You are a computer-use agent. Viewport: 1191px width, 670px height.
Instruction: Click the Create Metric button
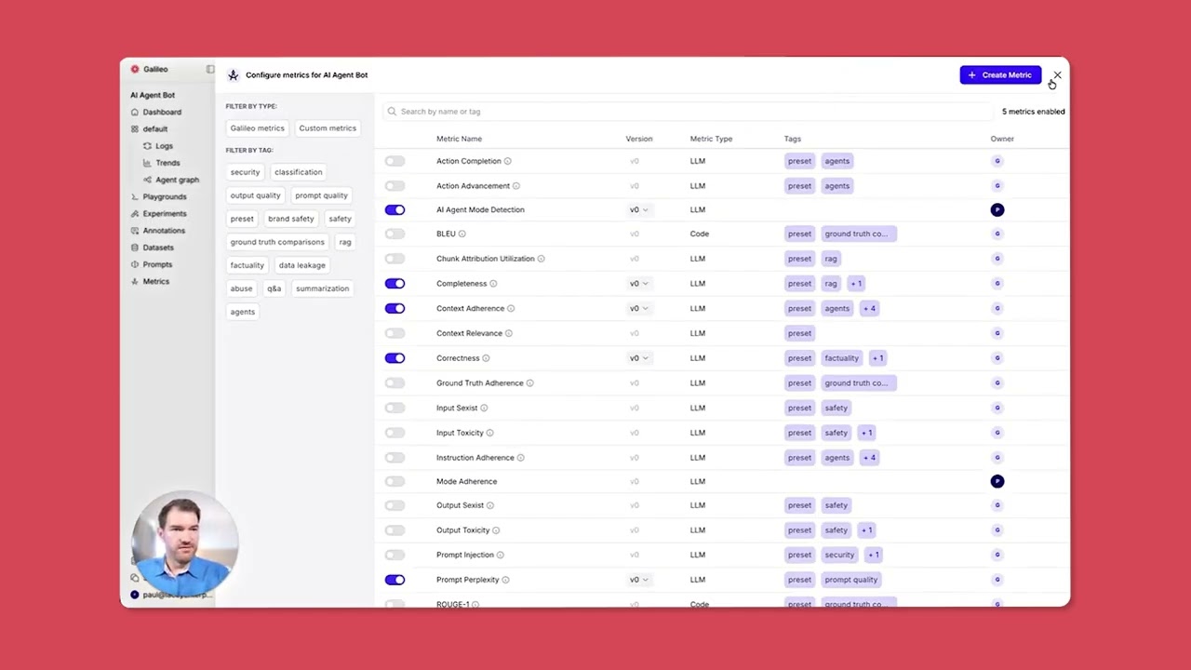point(1000,75)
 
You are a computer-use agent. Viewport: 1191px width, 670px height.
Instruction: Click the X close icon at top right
point(1057,75)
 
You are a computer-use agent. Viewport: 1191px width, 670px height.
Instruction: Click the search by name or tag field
point(689,112)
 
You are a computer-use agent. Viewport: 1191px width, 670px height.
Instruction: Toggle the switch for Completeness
point(395,284)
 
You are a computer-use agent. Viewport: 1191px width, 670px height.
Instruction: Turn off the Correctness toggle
point(395,358)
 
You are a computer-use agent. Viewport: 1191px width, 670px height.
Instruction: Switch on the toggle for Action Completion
point(395,161)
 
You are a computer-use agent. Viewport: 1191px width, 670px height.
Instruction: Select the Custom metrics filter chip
point(328,128)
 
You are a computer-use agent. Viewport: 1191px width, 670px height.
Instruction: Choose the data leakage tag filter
point(301,265)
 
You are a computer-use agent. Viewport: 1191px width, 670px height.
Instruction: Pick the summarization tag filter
point(322,288)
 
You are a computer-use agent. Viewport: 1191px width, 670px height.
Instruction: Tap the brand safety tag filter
point(290,219)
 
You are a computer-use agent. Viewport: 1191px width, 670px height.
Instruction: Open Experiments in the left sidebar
point(164,214)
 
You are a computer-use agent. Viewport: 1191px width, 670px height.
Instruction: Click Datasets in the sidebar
point(157,248)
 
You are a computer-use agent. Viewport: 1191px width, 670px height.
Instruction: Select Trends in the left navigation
point(167,163)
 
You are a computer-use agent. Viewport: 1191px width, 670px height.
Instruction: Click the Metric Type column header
point(711,139)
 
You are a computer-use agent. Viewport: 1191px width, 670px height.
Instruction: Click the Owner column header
point(1002,139)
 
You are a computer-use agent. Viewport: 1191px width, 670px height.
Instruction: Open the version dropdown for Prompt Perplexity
point(639,580)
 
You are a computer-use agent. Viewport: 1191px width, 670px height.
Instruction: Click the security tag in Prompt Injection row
point(838,555)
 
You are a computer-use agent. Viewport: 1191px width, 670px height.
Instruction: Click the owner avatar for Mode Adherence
point(997,481)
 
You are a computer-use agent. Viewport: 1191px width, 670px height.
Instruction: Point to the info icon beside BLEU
point(462,234)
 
